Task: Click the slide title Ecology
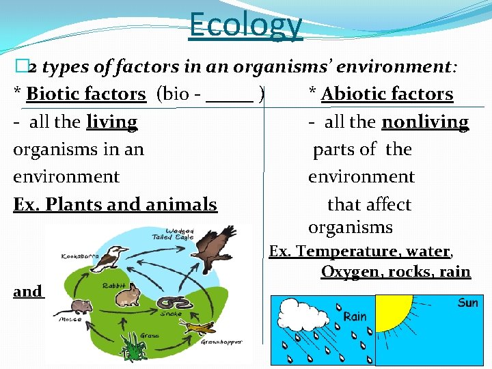pos(245,24)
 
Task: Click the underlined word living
pos(112,122)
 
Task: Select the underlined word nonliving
pos(425,122)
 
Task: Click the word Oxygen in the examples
pos(348,271)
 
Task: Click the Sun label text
pos(467,302)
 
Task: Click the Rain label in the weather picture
pos(355,316)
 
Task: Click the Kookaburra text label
pos(80,256)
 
